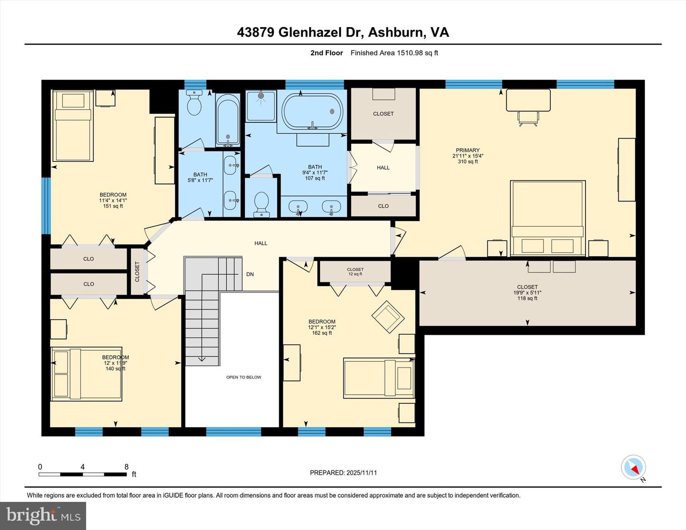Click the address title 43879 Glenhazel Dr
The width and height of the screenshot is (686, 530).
[x=343, y=32]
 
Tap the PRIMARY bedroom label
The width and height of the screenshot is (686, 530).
[x=467, y=150]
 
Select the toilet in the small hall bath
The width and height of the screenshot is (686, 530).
[x=194, y=103]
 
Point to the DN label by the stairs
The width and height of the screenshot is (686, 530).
[x=250, y=274]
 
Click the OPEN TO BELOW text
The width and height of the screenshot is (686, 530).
[x=243, y=377]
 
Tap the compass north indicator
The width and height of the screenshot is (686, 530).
[x=634, y=468]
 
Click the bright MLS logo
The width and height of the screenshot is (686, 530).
[x=43, y=515]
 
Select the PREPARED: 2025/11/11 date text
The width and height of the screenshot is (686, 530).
[x=343, y=473]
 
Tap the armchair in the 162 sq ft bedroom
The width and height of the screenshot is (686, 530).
[x=388, y=314]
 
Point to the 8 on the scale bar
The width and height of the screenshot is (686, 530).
[x=126, y=467]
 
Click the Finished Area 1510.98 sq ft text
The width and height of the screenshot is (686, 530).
[x=394, y=53]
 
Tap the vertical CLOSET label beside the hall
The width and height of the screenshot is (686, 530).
[x=137, y=271]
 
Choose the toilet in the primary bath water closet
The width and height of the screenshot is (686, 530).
[x=262, y=204]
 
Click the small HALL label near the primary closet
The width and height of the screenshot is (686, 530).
[x=383, y=168]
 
